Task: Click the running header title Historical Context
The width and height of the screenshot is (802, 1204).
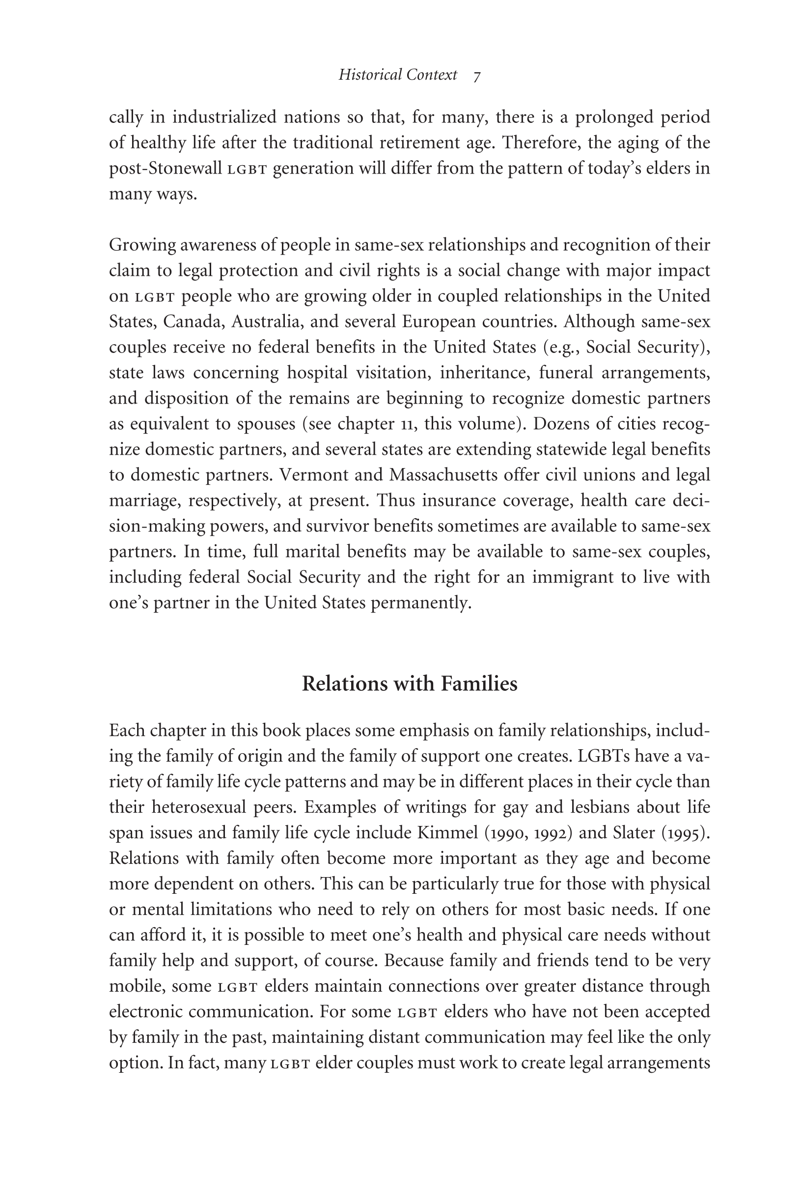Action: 397,75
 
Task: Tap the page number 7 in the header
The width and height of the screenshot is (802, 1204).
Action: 477,77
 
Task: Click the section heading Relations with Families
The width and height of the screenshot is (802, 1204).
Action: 409,684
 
